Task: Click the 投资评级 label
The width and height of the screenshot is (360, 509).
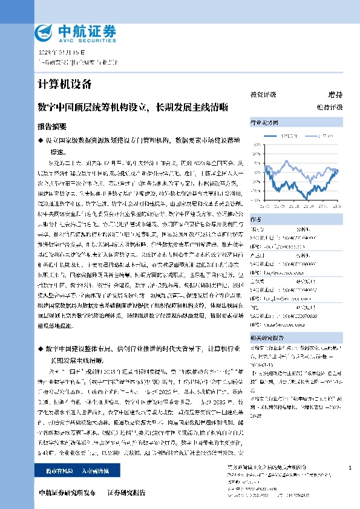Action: pos(263,94)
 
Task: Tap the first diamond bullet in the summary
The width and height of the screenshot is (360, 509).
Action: pos(41,140)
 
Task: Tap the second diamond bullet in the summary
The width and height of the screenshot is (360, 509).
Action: pos(41,349)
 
